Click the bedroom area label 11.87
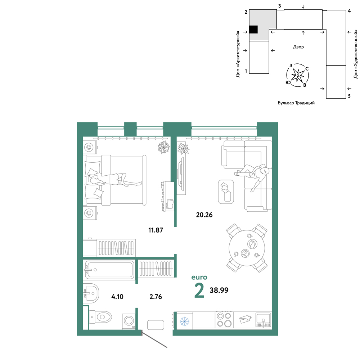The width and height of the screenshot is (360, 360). click(156, 230)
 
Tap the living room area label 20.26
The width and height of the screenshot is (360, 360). click(204, 215)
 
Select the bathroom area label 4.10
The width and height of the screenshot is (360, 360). click(117, 297)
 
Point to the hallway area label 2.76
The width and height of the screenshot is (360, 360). click(156, 297)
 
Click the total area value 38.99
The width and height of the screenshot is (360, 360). click(219, 290)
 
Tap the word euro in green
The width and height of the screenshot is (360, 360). click(199, 277)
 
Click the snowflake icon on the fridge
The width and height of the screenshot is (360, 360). click(184, 321)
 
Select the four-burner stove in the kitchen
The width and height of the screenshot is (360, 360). click(224, 319)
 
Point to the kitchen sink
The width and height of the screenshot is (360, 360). click(264, 320)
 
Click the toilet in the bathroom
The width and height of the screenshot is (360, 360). click(100, 317)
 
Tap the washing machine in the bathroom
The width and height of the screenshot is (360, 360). click(129, 321)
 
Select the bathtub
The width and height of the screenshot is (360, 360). click(109, 270)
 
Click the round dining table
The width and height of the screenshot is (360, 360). click(247, 248)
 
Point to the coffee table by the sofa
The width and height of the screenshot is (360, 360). click(226, 192)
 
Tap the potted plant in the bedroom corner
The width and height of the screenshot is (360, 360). click(164, 147)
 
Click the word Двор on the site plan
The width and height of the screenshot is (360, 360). click(298, 47)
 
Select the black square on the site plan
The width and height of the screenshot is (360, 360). click(253, 30)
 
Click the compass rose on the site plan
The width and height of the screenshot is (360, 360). click(298, 75)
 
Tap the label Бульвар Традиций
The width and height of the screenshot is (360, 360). click(296, 103)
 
